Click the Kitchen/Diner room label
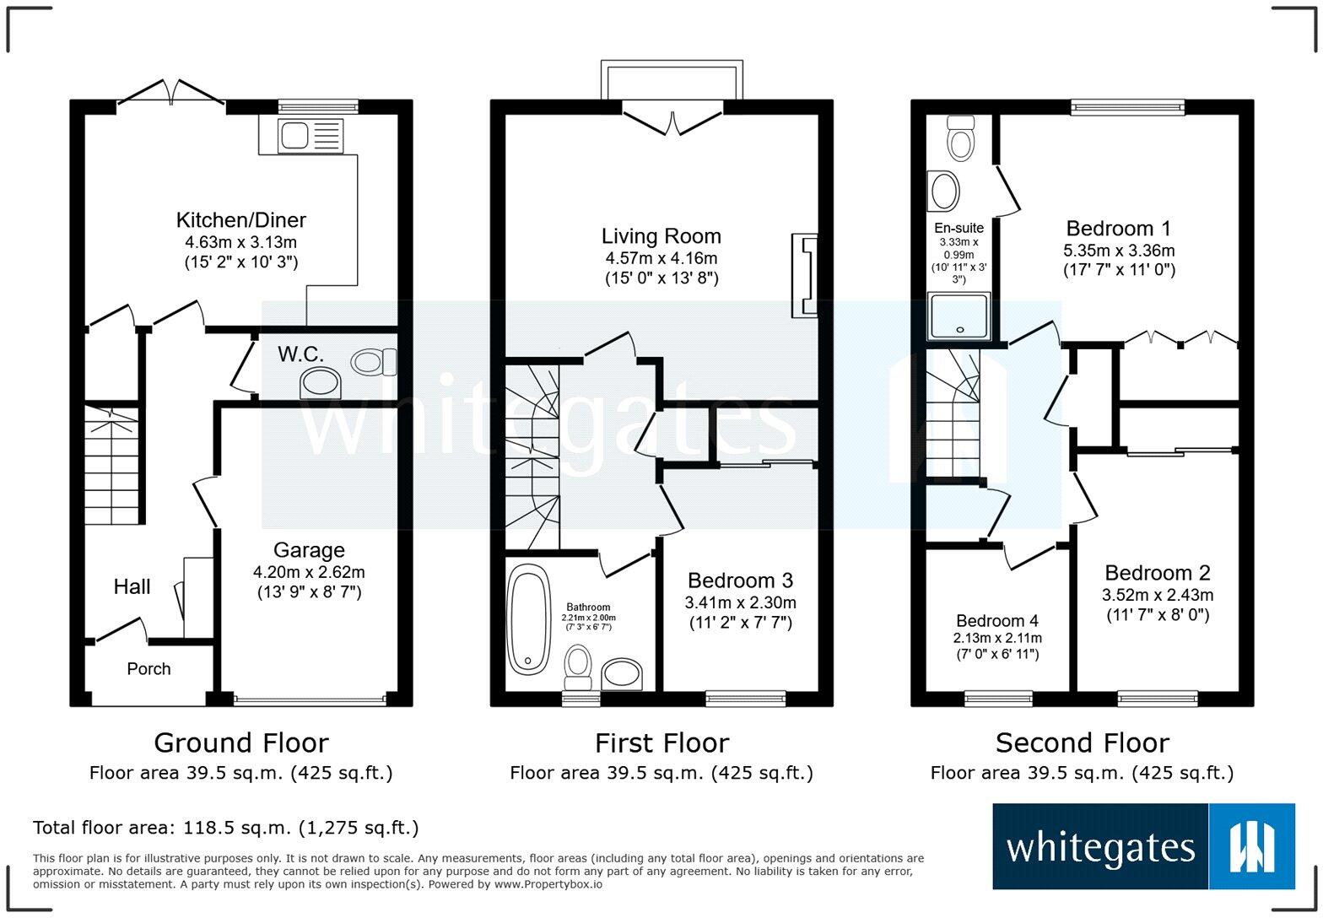tap(240, 220)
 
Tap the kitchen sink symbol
tap(310, 136)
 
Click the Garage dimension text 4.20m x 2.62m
tap(309, 572)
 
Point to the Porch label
tap(148, 669)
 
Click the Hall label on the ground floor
tap(132, 587)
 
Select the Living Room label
tap(661, 236)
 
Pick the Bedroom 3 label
tap(740, 580)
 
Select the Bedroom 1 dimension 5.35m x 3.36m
tap(1119, 251)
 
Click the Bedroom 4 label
tap(997, 621)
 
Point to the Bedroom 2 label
tap(1157, 573)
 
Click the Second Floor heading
tap(1082, 743)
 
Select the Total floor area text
tap(225, 828)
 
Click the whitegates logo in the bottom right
tap(1143, 846)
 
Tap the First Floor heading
tap(661, 743)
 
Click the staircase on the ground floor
tap(111, 464)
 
